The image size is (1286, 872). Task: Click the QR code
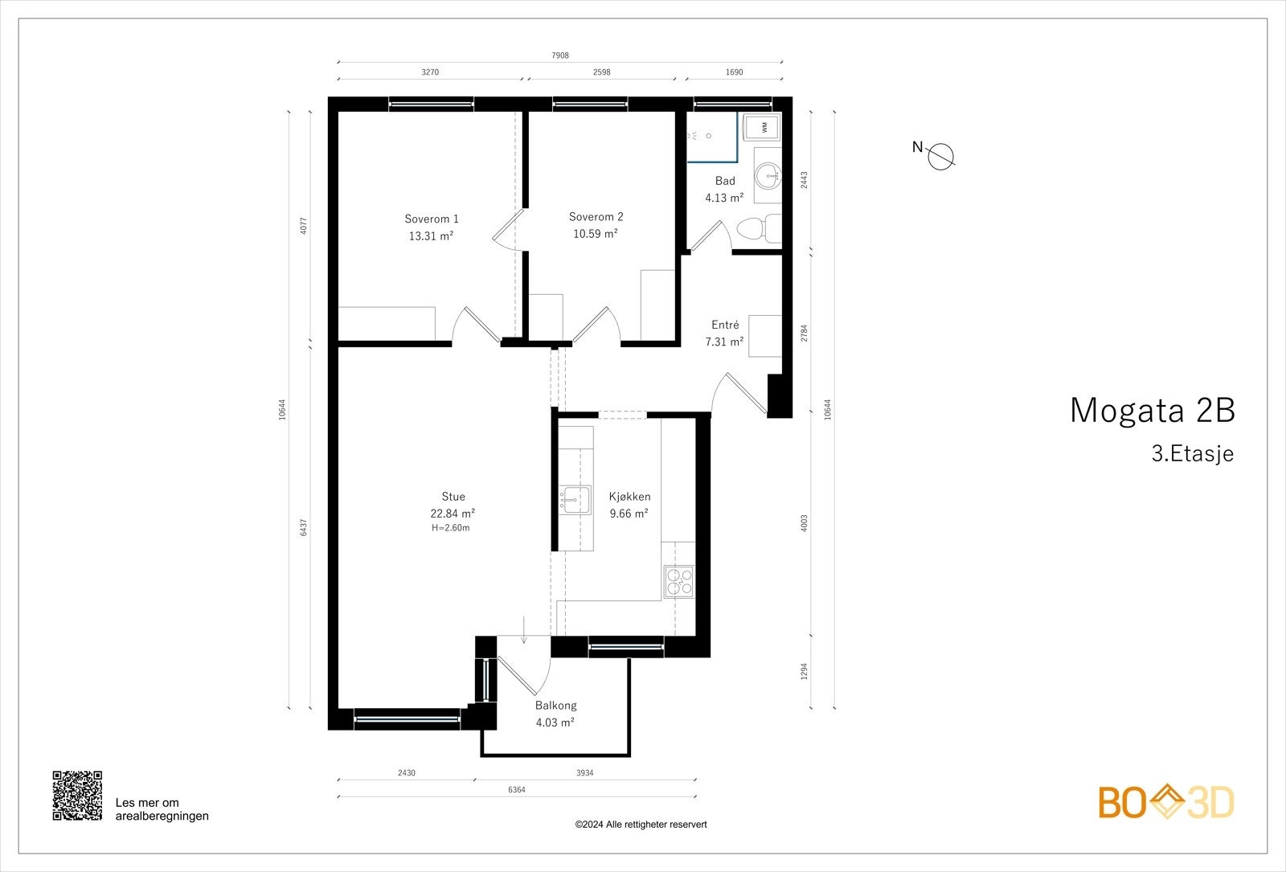tap(77, 796)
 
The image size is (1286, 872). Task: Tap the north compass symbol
tap(940, 156)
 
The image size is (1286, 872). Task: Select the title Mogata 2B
tap(1151, 410)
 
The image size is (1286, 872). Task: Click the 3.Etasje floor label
tap(1192, 453)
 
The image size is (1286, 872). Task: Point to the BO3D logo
tap(1166, 802)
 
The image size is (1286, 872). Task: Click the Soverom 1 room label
tap(432, 219)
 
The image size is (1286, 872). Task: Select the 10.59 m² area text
tap(595, 234)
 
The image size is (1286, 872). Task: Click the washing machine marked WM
tap(764, 127)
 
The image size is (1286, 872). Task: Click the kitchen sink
tap(575, 499)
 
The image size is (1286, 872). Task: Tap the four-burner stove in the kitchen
tap(678, 581)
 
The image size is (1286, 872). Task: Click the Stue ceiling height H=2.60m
tap(450, 528)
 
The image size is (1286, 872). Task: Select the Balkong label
tap(555, 706)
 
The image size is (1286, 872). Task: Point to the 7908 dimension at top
tap(560, 55)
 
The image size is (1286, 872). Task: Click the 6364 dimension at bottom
tap(517, 790)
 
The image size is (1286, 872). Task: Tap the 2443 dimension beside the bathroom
tap(805, 180)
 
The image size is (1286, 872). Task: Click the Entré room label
tap(725, 325)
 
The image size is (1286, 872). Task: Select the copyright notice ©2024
tap(641, 825)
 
